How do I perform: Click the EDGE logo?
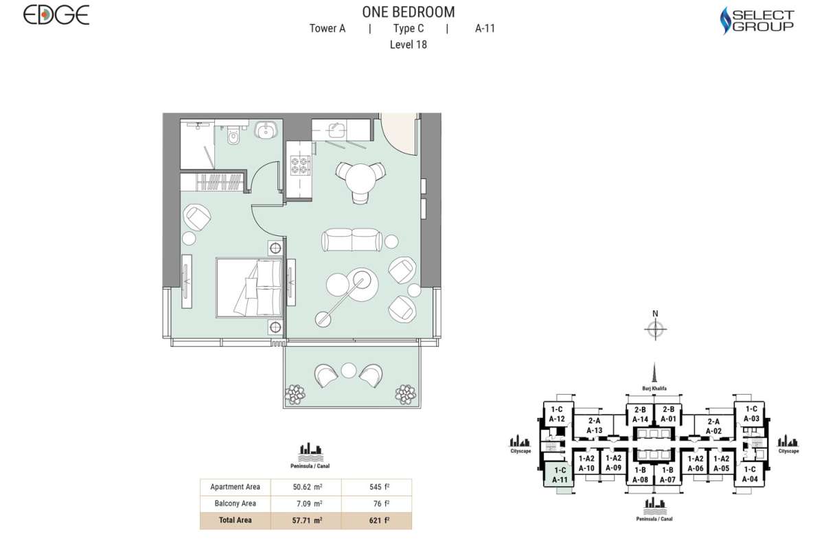(x=56, y=15)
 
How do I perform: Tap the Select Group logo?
(x=757, y=21)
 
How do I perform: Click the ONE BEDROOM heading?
(x=409, y=12)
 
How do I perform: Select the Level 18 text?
(x=409, y=45)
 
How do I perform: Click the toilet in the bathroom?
(x=233, y=135)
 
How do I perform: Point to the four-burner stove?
(x=300, y=165)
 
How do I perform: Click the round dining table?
(x=361, y=178)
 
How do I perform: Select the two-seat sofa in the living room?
(x=352, y=240)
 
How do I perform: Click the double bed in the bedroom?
(x=249, y=288)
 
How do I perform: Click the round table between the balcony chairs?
(x=348, y=370)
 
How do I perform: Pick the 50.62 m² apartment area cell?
(x=308, y=487)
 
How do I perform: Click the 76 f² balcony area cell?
(x=382, y=504)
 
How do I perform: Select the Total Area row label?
(x=235, y=520)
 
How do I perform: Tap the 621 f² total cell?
(x=379, y=520)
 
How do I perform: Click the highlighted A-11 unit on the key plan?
(x=559, y=475)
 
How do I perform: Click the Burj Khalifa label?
(x=654, y=388)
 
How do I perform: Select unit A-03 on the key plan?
(x=751, y=414)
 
